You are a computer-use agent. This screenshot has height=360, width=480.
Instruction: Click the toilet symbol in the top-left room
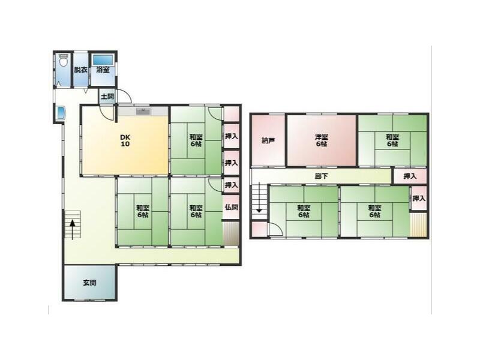pyautogui.click(x=64, y=61)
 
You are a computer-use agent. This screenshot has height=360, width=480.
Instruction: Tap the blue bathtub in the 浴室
pyautogui.click(x=103, y=60)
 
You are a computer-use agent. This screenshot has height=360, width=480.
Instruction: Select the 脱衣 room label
pyautogui.click(x=81, y=70)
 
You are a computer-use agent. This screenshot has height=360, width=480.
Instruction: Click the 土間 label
pyautogui.click(x=107, y=97)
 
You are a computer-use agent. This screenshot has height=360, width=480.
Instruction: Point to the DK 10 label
pyautogui.click(x=125, y=140)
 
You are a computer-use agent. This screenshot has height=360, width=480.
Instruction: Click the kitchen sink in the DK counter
pyautogui.click(x=143, y=111)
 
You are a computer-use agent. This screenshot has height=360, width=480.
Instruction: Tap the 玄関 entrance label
pyautogui.click(x=89, y=283)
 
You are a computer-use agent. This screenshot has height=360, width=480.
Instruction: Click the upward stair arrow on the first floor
pyautogui.click(x=72, y=230)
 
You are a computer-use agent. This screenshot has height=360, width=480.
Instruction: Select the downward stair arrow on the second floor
pyautogui.click(x=259, y=198)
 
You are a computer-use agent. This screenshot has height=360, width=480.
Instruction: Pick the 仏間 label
pyautogui.click(x=232, y=207)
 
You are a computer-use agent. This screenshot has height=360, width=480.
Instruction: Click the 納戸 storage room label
pyautogui.click(x=268, y=140)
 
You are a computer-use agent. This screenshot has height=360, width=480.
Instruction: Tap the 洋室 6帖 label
pyautogui.click(x=322, y=140)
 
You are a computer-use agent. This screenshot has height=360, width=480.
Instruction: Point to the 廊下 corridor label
pyautogui.click(x=322, y=176)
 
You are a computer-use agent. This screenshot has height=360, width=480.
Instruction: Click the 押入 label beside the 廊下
pyautogui.click(x=410, y=176)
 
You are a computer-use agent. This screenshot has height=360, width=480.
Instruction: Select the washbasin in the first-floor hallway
pyautogui.click(x=61, y=113)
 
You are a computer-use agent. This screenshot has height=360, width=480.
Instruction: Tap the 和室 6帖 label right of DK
pyautogui.click(x=196, y=140)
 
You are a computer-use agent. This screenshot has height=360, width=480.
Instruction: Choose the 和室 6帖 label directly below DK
pyautogui.click(x=143, y=211)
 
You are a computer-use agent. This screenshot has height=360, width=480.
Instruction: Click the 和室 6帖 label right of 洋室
pyautogui.click(x=392, y=140)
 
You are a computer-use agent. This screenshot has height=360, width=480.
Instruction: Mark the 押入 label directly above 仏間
pyautogui.click(x=232, y=185)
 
